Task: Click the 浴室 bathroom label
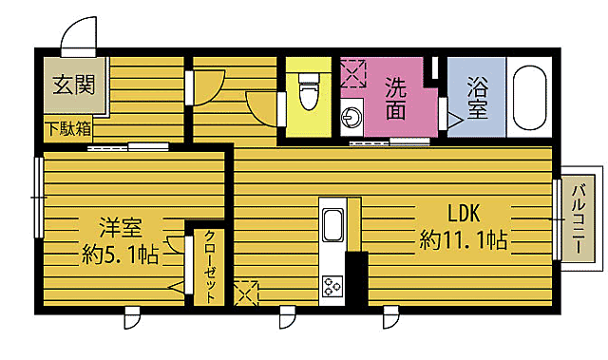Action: coord(478,98)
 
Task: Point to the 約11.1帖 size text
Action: coord(462,240)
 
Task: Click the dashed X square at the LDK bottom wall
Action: coord(245,293)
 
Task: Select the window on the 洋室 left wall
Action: coord(38,197)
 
